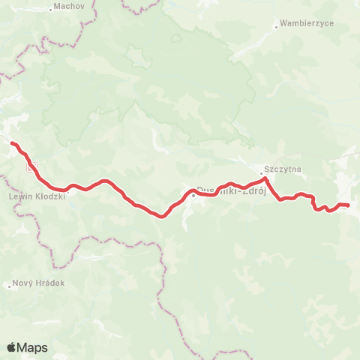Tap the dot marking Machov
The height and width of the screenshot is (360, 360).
point(50,9)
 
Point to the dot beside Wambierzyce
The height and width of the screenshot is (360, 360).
point(276,27)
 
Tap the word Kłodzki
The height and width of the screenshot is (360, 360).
point(48,196)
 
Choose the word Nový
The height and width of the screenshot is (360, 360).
point(23,284)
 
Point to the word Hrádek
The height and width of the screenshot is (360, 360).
point(49,284)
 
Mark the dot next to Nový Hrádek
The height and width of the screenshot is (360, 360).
point(9,285)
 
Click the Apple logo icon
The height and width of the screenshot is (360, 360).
point(11,347)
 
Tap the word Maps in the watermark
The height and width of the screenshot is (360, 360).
point(32,348)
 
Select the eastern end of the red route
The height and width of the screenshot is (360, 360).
point(348,205)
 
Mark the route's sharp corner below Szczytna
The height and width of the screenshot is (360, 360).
point(265,179)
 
